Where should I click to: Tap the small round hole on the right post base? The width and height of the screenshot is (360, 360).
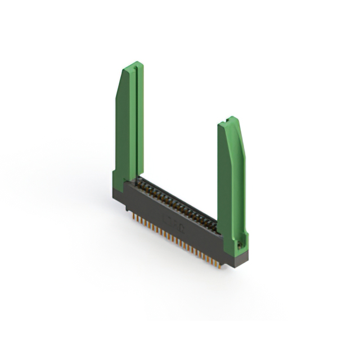240,243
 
